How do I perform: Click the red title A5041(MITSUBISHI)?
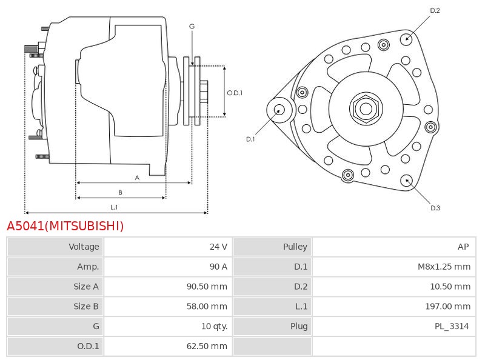[x=65, y=226]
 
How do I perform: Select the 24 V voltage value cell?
[x=218, y=247]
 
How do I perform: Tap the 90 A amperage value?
[x=218, y=267]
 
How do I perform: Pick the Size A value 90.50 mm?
[x=207, y=287]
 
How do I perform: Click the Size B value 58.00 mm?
[x=207, y=307]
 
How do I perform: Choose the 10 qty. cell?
[x=215, y=327]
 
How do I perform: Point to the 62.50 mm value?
[x=207, y=347]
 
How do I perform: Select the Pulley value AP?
[x=463, y=247]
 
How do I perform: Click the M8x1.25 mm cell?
[x=444, y=267]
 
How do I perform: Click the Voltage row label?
[x=84, y=247]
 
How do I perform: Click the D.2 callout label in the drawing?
[x=435, y=10]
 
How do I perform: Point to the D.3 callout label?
[x=435, y=208]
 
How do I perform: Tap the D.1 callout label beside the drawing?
[x=250, y=139]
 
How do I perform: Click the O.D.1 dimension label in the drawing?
[x=235, y=93]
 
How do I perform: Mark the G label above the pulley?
[x=192, y=27]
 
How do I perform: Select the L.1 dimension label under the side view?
[x=114, y=207]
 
